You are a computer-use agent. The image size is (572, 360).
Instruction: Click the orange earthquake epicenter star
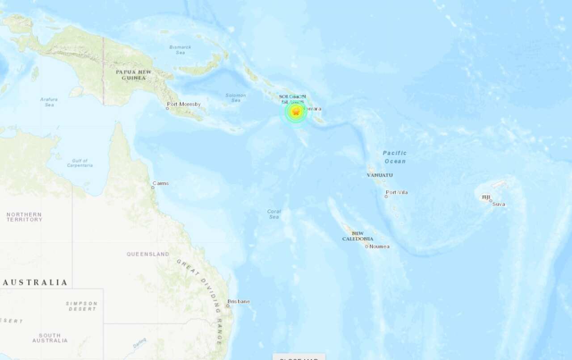tap(295, 112)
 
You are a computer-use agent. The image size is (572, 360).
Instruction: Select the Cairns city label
tap(160, 183)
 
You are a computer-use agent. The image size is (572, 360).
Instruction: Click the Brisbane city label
tap(239, 301)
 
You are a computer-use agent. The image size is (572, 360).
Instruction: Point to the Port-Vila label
tap(397, 193)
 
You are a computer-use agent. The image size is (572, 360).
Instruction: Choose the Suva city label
tap(499, 204)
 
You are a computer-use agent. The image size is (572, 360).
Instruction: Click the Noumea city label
tap(379, 246)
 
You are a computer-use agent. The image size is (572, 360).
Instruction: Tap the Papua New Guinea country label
tap(134, 75)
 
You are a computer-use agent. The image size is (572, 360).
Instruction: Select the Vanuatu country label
tap(380, 175)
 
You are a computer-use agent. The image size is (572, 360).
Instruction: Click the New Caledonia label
tap(357, 236)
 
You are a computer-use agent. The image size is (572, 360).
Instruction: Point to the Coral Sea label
tap(274, 214)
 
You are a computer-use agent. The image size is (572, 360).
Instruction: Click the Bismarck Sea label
tap(180, 50)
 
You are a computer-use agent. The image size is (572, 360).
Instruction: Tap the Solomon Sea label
tap(236, 97)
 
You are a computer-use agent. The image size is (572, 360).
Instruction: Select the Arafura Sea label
tap(49, 102)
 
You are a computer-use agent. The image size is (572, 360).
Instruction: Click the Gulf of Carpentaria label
tap(80, 163)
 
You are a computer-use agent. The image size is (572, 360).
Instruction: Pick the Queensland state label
tap(148, 254)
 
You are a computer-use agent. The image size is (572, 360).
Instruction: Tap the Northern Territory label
tap(24, 217)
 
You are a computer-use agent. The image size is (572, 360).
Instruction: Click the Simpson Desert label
tap(81, 306)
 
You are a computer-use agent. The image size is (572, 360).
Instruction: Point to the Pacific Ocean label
tap(395, 157)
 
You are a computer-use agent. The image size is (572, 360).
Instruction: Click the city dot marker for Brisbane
tap(227, 306)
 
